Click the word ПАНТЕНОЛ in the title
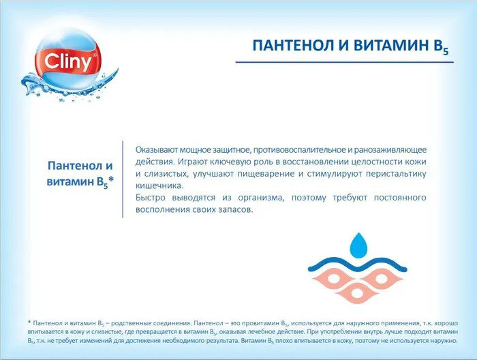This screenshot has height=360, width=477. tap(292, 46)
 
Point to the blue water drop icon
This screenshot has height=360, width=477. tap(358, 245)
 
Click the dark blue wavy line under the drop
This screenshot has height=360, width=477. tap(358, 264)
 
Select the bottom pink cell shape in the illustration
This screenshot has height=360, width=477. tap(358, 292)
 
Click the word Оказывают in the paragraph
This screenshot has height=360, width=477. tap(157, 150)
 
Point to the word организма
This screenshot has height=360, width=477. tap(261, 198)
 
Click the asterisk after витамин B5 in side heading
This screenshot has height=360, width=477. tap(111, 180)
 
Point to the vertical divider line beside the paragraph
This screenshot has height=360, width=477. tap(123, 179)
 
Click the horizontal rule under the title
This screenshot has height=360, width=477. tap(345, 62)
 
